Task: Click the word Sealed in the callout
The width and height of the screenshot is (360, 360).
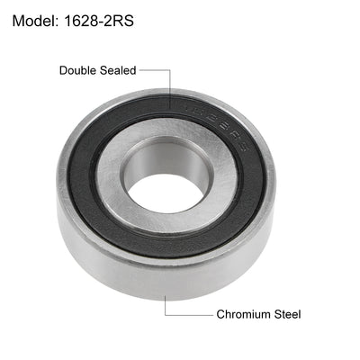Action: coord(119,69)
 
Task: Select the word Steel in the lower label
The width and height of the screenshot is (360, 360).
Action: coord(287,314)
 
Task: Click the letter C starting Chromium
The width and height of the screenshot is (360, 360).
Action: coord(220,314)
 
